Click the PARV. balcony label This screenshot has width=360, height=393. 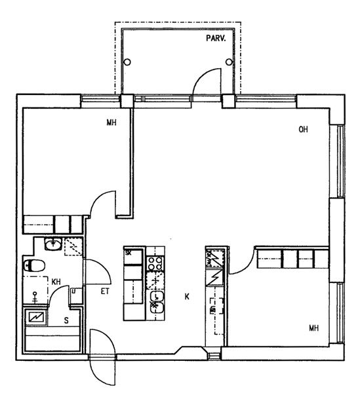click(x=216, y=39)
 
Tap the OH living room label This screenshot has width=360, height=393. click(x=303, y=129)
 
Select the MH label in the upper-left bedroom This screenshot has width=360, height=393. click(x=111, y=122)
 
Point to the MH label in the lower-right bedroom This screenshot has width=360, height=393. click(x=314, y=328)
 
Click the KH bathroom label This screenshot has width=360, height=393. click(x=56, y=282)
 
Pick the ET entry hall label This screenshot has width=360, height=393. click(x=105, y=291)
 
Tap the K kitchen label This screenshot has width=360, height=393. click(x=187, y=297)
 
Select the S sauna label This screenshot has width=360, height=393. click(x=66, y=320)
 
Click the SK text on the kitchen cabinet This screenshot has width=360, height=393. click(x=129, y=253)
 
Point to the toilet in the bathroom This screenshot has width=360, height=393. click(x=34, y=266)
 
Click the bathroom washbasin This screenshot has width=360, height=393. click(x=53, y=244)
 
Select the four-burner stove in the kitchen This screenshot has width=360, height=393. click(x=155, y=263)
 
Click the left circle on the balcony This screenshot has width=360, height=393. click(x=127, y=62)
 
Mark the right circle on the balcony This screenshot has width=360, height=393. click(x=229, y=62)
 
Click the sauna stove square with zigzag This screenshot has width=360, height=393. click(x=37, y=318)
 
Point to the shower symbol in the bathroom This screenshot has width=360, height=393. click(x=35, y=297)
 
